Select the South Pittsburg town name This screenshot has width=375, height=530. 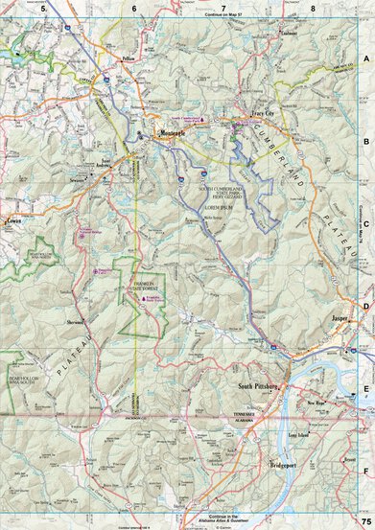[x=257, y=386]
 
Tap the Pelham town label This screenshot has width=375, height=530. [x=133, y=57]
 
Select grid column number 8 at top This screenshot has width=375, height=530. [x=313, y=8]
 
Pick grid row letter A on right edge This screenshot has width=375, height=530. [x=366, y=58]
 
